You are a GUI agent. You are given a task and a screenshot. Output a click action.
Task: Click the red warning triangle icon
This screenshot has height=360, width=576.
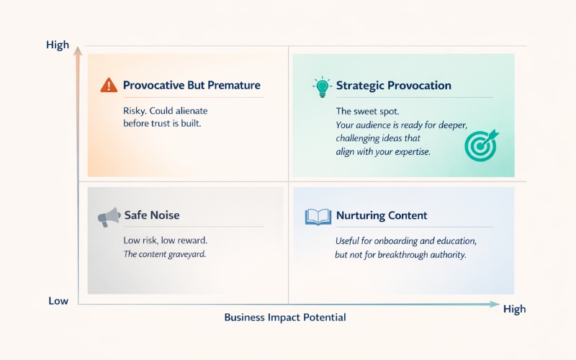tap(108, 85)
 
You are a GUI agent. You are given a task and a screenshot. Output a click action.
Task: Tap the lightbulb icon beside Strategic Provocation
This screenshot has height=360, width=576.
tap(321, 86)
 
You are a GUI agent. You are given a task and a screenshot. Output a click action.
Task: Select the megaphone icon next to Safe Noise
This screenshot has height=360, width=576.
tap(108, 216)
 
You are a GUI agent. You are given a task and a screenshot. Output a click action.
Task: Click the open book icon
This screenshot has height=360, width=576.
tap(318, 216)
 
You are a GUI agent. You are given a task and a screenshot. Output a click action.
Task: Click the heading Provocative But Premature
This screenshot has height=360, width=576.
tap(192, 85)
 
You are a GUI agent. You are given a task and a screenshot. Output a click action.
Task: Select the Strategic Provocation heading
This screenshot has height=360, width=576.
tap(394, 85)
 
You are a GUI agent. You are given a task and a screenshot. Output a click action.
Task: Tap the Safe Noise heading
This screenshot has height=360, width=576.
tap(152, 215)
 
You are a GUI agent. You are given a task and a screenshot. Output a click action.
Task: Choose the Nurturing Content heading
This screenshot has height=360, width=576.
tap(382, 215)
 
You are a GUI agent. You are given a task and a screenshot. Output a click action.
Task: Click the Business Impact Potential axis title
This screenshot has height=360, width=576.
tap(285, 317)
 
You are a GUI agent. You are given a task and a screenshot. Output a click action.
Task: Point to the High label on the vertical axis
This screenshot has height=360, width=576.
tap(58, 45)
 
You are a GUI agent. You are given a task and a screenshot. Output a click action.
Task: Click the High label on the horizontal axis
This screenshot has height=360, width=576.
tap(514, 309)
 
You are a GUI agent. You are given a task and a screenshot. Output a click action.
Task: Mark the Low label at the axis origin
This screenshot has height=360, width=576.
tap(58, 300)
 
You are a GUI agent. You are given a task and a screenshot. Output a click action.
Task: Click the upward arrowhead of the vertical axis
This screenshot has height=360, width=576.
tap(77, 57)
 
